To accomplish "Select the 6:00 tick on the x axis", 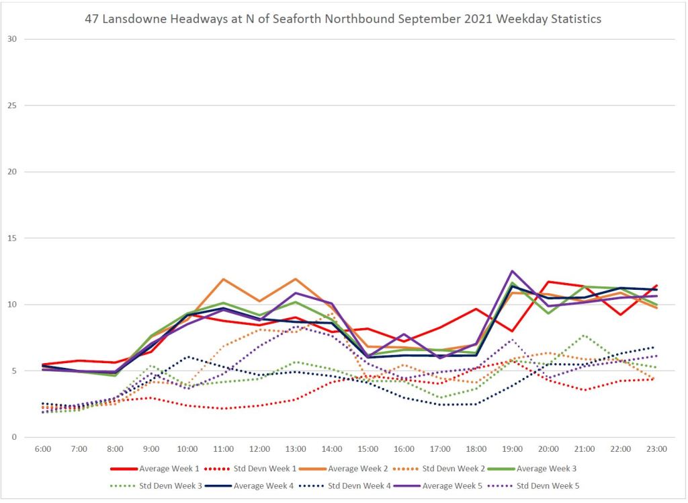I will pos(42,448).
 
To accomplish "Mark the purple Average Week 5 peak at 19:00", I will pos(513,271).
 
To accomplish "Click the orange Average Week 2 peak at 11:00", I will pos(223,279).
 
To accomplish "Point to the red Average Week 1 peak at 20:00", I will pos(549,282).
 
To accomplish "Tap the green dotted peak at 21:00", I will pos(585,335).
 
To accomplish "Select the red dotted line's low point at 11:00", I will pos(223,408).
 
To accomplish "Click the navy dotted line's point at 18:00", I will pos(476,404).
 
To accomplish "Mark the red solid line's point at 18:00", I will pos(476,309).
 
